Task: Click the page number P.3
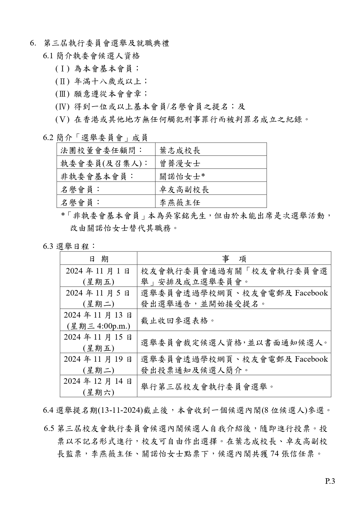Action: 330,481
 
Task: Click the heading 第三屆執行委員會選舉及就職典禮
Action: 106,43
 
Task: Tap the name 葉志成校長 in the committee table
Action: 180,150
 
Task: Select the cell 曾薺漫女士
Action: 180,163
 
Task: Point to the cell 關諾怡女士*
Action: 182,176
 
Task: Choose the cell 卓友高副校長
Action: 184,189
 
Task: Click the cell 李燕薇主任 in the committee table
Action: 180,202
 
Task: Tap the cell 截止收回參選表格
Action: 178,320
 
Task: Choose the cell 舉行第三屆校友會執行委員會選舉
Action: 207,387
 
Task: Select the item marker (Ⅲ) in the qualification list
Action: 62,94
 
